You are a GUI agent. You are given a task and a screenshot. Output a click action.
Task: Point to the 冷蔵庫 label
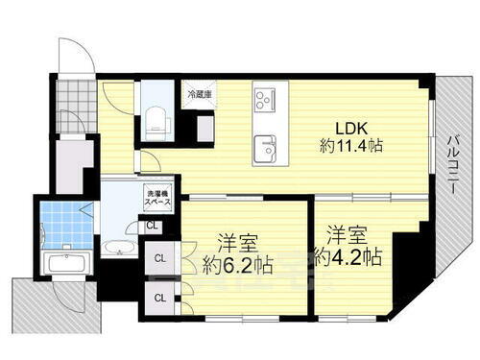[x=199, y=94]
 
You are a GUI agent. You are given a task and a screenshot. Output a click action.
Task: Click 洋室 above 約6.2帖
[x=236, y=241]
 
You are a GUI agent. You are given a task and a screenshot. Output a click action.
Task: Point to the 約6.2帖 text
[x=236, y=264]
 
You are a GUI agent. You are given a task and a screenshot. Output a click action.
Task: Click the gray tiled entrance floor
[x=75, y=104]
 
